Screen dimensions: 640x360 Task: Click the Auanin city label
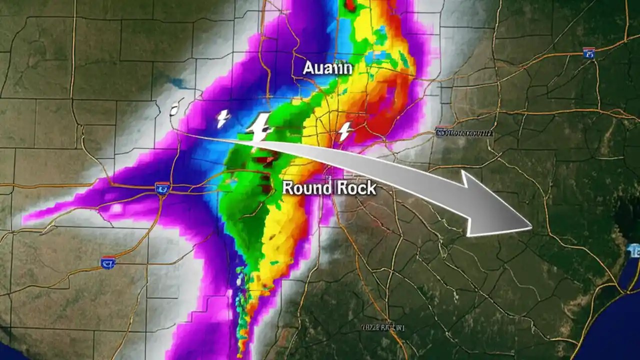click(x=327, y=68)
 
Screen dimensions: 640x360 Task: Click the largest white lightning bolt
click(x=259, y=127)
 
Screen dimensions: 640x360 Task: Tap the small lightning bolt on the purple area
click(x=222, y=118)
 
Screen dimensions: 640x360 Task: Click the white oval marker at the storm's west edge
click(x=174, y=109)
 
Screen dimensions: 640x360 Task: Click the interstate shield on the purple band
click(x=162, y=188)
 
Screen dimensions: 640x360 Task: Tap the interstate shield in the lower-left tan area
click(x=107, y=262)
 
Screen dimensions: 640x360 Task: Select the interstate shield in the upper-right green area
click(x=588, y=53)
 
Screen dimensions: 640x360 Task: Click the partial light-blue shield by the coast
click(x=635, y=250)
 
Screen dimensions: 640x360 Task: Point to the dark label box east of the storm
click(x=464, y=133)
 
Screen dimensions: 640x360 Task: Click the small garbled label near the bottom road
click(x=382, y=327)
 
